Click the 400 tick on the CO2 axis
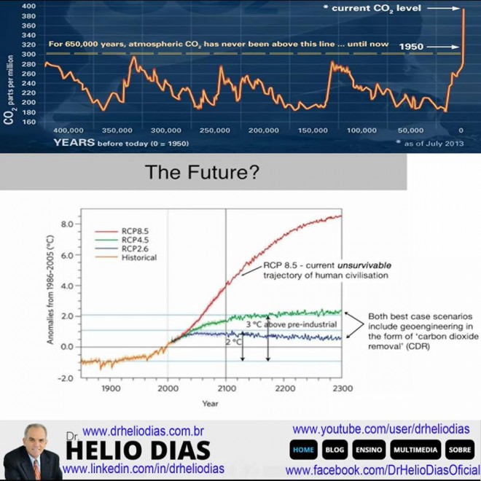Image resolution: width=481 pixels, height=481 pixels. point(29,6)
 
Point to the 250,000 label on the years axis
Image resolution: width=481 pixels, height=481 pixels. point(215,130)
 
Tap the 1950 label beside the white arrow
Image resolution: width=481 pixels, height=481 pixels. point(411,47)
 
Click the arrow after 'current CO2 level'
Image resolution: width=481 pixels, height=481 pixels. point(444,9)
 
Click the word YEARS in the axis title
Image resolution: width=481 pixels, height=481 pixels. point(74,142)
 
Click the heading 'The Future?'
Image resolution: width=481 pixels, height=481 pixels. point(202,172)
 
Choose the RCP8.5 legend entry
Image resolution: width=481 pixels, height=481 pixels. point(122,231)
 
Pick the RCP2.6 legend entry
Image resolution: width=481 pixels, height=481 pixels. point(122,249)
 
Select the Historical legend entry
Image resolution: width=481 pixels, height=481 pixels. point(126,257)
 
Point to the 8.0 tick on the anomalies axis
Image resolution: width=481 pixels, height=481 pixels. point(67,224)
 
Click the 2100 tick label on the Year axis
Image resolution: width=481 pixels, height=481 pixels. point(227,388)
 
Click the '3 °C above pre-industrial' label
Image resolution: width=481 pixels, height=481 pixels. point(291,324)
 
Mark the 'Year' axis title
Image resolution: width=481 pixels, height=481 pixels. point(210,404)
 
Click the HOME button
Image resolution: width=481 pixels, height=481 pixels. point(303,450)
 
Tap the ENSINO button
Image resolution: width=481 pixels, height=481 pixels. point(369,450)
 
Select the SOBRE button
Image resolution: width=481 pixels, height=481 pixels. point(460,450)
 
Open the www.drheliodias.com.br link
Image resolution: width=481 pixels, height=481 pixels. point(144,431)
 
